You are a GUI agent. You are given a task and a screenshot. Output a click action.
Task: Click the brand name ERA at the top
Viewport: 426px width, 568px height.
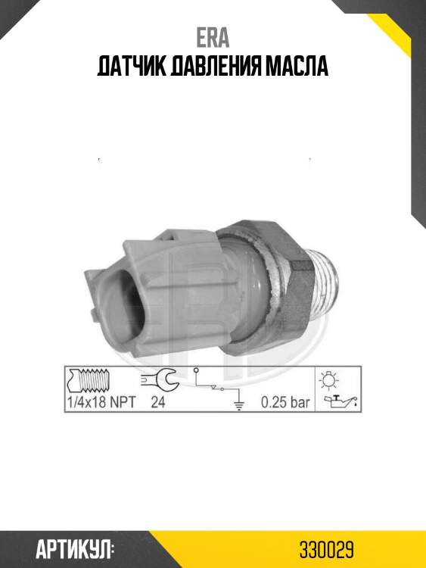[x=213, y=38]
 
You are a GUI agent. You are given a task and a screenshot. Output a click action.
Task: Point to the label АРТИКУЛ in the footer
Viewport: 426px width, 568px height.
[x=75, y=551]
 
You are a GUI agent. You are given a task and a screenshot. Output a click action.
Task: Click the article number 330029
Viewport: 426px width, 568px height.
[x=326, y=551]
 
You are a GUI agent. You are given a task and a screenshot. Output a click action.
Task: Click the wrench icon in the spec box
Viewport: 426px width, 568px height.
[x=158, y=379]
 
